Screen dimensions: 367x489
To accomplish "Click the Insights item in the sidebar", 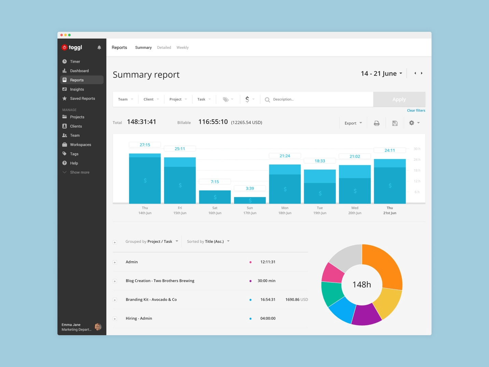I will click(77, 89).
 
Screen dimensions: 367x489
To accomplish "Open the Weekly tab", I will click(182, 48).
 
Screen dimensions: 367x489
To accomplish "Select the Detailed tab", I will click(164, 48).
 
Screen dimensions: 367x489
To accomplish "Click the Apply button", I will click(399, 100).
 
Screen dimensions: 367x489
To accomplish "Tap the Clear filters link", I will click(416, 110).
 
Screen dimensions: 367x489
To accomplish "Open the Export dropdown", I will click(353, 123).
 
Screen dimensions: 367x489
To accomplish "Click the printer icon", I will click(377, 123).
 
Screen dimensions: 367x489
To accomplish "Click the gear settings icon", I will click(412, 123).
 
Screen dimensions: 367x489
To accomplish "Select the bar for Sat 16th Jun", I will click(215, 197).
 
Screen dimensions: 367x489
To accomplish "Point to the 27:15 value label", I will click(145, 145).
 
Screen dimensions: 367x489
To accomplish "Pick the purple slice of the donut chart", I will click(366, 315).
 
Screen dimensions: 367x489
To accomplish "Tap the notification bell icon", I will click(99, 48).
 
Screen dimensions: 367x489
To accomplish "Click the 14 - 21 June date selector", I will click(381, 74).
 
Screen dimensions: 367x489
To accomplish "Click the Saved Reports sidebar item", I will click(82, 99).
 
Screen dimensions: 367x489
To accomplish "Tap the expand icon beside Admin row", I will click(115, 262).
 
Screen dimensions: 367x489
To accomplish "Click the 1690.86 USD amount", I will click(297, 300).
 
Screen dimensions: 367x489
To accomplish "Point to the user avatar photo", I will click(98, 327).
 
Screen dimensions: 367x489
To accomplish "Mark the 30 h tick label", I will click(417, 149).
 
